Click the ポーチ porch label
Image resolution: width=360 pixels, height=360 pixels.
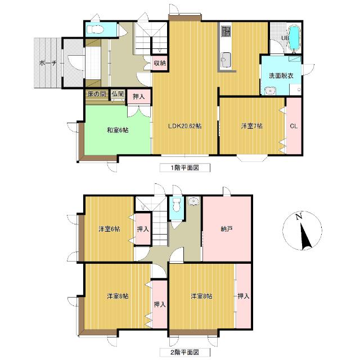[48, 63]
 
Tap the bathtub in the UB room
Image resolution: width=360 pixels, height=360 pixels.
[294, 38]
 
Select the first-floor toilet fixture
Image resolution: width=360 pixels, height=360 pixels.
[95, 29]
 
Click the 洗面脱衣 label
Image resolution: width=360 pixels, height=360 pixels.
[281, 75]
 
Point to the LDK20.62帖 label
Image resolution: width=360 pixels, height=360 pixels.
[185, 126]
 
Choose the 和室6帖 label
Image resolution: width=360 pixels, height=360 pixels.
[118, 130]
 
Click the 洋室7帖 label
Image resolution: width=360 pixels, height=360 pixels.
[252, 126]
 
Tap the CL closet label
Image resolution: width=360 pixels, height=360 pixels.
[294, 126]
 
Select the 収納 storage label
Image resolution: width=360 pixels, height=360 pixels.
[160, 63]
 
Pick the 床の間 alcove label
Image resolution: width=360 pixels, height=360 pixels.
[96, 94]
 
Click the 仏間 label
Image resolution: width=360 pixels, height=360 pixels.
[118, 94]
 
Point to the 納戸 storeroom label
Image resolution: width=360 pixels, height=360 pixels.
[227, 229]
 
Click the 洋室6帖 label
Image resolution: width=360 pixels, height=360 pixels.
[109, 229]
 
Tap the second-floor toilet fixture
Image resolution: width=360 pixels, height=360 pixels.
[176, 205]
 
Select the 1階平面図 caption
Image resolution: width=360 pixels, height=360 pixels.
[185, 168]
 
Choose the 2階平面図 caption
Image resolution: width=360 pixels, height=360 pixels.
[185, 352]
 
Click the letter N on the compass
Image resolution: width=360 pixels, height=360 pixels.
[299, 217]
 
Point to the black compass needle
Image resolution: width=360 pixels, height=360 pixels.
[305, 237]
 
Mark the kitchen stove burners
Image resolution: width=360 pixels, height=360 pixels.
[226, 31]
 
